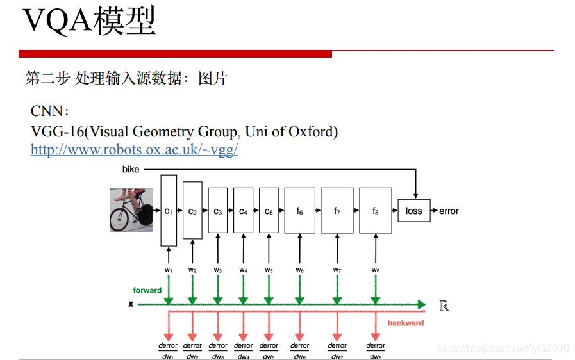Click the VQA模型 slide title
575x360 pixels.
tap(89, 22)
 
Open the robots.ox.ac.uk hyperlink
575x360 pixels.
tap(134, 150)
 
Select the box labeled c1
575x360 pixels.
tap(168, 210)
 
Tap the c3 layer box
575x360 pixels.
tap(217, 210)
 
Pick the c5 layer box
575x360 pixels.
tap(269, 210)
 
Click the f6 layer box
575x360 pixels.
tap(299, 210)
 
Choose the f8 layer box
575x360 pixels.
tap(376, 210)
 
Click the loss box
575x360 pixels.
tap(414, 210)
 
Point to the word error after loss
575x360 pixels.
tap(449, 211)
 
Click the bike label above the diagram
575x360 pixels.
tap(131, 170)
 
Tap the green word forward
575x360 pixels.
tap(147, 290)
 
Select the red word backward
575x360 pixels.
tap(405, 323)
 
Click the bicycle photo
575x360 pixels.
tap(131, 209)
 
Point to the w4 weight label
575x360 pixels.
tap(243, 270)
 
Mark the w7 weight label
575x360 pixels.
tap(337, 270)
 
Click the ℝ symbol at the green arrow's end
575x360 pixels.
tap(444, 306)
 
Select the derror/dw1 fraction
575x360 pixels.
tap(168, 350)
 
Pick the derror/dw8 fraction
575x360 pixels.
tap(376, 350)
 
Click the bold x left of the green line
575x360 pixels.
tap(131, 304)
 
